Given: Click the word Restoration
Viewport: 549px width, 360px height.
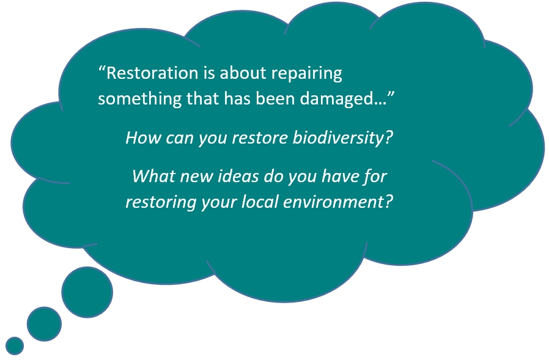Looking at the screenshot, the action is (x=152, y=73).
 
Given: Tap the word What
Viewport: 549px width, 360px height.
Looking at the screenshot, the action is (x=153, y=176).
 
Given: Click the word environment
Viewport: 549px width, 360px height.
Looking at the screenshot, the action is (x=333, y=202).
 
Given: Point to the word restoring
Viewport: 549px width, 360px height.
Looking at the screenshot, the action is (x=161, y=203).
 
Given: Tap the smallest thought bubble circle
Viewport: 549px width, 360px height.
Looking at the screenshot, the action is (x=15, y=346).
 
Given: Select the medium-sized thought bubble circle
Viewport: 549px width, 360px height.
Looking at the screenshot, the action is (x=44, y=324).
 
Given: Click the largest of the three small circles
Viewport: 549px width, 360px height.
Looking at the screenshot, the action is (x=87, y=292).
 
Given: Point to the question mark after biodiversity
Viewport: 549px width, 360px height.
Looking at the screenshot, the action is (x=389, y=138).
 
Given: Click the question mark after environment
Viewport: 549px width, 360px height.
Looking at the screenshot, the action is (x=389, y=202).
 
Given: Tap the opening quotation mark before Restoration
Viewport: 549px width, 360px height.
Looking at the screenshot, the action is (x=102, y=68).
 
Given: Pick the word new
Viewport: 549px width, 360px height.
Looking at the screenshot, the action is (x=196, y=177).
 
